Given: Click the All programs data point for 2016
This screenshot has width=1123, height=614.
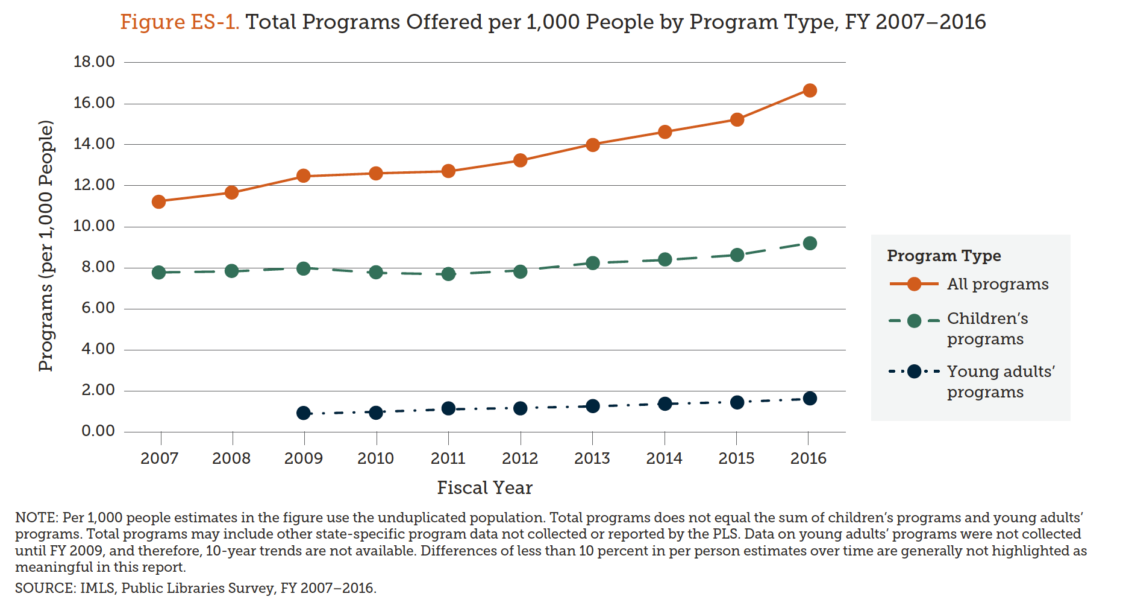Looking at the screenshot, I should (x=810, y=90).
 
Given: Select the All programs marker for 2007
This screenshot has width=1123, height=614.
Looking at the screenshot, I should (x=159, y=201).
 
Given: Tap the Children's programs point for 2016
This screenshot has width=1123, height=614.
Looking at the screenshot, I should (x=810, y=243).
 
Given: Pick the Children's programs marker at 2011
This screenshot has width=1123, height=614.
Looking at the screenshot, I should (x=448, y=274).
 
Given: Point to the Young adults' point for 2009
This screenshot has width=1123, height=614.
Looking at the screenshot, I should (x=304, y=413).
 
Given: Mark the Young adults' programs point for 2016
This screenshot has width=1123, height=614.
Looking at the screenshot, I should (x=810, y=398).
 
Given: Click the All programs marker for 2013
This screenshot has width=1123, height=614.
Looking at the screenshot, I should (x=593, y=145).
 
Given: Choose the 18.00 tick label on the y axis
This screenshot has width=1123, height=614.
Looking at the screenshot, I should (x=94, y=62).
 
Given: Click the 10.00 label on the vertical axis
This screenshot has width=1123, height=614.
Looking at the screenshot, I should (x=94, y=226).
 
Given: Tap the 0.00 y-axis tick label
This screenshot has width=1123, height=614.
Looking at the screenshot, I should (x=98, y=431).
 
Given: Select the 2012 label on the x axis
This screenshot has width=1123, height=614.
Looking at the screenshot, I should (x=520, y=458).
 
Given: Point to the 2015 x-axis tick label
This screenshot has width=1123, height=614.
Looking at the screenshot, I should (x=736, y=458).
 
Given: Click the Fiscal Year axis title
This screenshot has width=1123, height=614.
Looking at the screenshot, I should (x=484, y=487).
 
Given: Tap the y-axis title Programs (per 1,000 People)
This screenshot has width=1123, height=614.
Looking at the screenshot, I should (x=46, y=246).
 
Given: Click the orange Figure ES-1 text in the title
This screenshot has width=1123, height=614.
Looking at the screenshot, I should (x=180, y=22).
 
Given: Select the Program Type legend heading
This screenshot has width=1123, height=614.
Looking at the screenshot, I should (x=943, y=256).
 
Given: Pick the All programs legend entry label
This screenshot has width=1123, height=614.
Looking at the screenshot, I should (x=998, y=284).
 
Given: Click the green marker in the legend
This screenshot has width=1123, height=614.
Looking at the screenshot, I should (x=914, y=321).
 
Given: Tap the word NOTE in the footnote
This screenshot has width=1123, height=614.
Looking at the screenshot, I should (x=36, y=517).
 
